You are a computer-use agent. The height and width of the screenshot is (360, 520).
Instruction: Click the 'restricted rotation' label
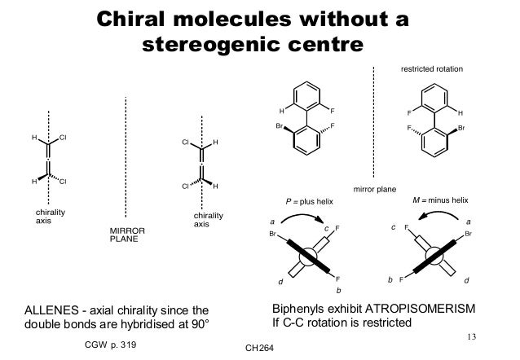point(432,70)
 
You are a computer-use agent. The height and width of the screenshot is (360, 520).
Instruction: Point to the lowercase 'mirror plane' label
point(373,188)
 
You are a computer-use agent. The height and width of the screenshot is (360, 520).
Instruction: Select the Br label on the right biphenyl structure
point(461,128)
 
